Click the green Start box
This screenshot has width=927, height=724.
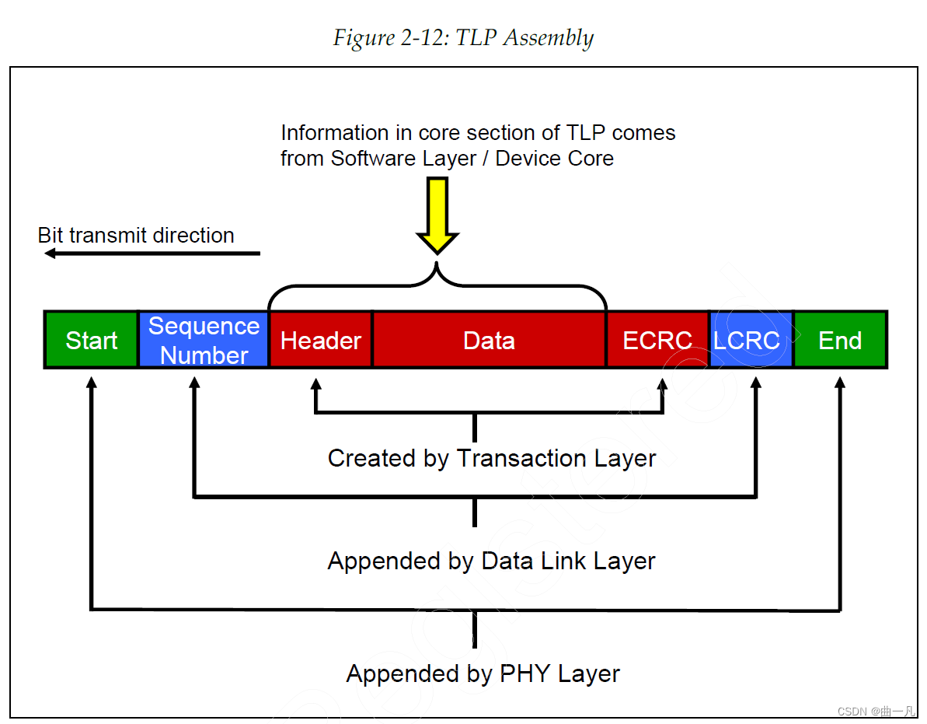click(x=91, y=340)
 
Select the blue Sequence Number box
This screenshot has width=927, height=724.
click(x=204, y=340)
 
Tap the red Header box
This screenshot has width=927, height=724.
click(x=320, y=340)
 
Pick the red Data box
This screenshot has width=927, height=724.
click(x=489, y=340)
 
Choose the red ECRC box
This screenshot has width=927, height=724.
click(x=657, y=340)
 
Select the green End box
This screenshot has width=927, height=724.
click(x=840, y=340)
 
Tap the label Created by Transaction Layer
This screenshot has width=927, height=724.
click(x=491, y=458)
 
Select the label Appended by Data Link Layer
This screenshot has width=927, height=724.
click(x=491, y=561)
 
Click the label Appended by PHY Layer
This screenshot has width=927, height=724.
click(x=483, y=673)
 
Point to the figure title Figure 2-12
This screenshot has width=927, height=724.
click(x=463, y=37)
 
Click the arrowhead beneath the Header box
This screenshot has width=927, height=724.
click(x=315, y=383)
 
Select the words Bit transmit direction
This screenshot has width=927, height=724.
click(x=136, y=236)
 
